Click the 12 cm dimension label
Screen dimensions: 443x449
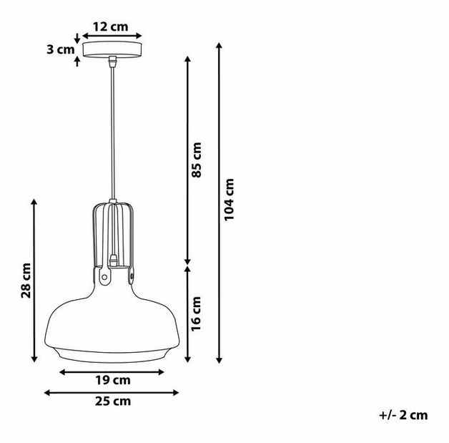[x=111, y=26]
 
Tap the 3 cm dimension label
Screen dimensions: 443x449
[x=60, y=50]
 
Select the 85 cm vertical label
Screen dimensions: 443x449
[x=198, y=159]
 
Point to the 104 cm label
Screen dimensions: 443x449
[x=230, y=200]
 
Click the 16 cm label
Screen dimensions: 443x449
[x=198, y=313]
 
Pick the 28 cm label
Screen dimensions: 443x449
[x=26, y=281]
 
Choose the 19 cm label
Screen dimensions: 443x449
[x=113, y=380]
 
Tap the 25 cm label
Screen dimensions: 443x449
[x=113, y=401]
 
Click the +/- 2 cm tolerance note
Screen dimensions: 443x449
[x=404, y=415]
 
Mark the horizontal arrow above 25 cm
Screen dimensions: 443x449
[x=112, y=391]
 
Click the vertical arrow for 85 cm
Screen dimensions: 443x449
[x=187, y=160]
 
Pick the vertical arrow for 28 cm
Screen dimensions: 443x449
[x=34, y=281]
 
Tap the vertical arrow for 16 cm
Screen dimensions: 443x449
[x=187, y=313]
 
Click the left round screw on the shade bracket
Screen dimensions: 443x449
[x=102, y=274]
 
